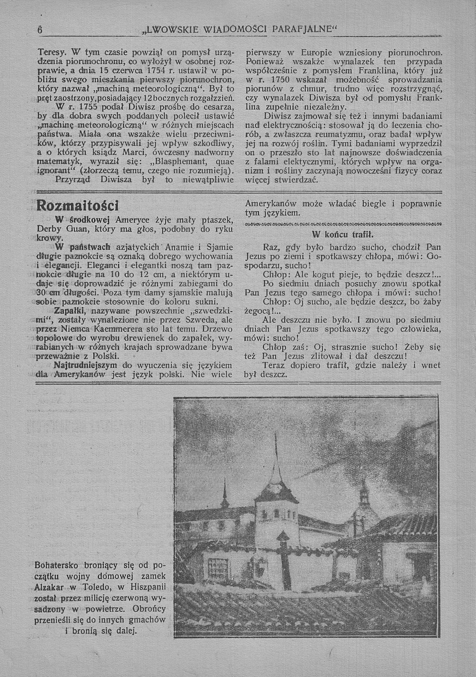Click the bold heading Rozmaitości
[x=78, y=205]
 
